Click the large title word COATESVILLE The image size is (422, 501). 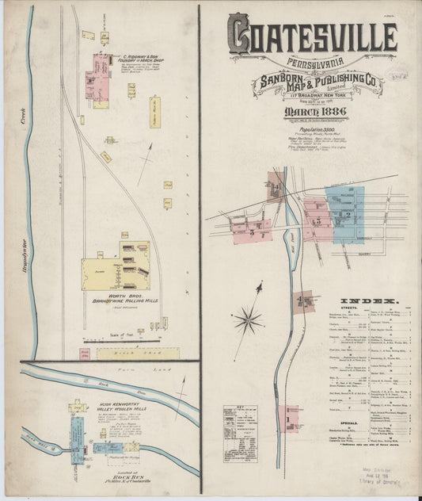[x=313, y=36]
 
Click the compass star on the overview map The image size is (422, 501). [x=249, y=320]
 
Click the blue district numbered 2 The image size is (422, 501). [x=347, y=212]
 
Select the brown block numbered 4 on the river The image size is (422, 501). [x=302, y=301]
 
